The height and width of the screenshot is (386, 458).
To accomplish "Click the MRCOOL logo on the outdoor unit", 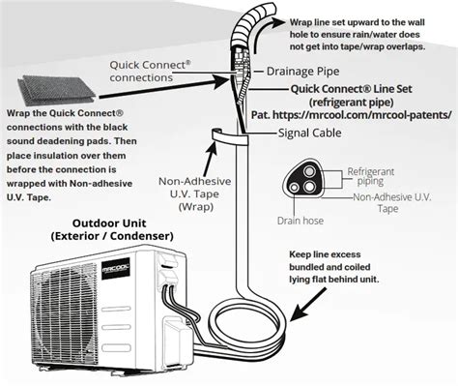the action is tap(116, 268).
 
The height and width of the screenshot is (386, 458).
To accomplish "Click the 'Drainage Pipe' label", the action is tap(302, 72).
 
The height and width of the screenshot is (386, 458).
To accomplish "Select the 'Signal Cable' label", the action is tap(309, 133).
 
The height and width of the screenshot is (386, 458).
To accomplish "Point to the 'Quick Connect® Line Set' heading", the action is tap(351, 89).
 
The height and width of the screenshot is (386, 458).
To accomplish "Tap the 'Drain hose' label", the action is tap(301, 221).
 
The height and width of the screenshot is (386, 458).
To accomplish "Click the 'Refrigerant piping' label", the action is tap(370, 176).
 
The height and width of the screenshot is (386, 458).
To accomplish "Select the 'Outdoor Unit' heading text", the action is tap(109, 223).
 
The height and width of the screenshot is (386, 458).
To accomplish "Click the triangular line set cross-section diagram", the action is tap(302, 181).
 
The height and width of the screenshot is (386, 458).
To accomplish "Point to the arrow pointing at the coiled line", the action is tap(308, 305).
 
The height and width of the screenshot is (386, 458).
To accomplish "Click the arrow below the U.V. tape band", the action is tap(210, 159).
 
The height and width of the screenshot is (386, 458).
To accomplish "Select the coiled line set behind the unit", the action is tap(247, 328).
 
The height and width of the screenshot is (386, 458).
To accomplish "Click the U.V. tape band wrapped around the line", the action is tap(230, 138).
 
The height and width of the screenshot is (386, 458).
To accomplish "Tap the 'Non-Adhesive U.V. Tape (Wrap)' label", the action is tap(195, 193).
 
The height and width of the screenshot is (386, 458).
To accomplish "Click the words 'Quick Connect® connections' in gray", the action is tap(150, 72).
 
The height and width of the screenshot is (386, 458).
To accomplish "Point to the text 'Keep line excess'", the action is tap(325, 254).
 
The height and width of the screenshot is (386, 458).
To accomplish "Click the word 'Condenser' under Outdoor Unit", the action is tap(142, 236).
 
